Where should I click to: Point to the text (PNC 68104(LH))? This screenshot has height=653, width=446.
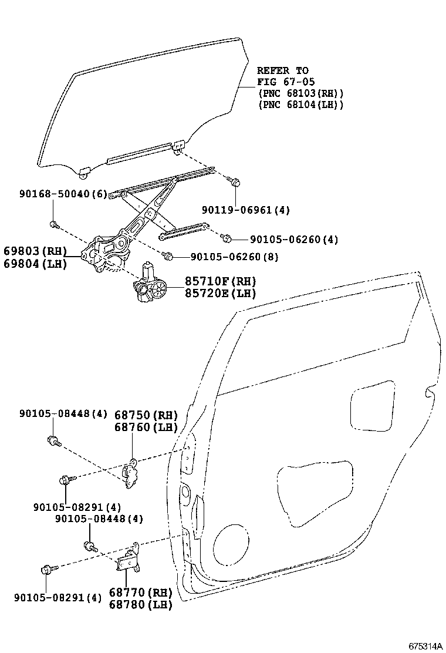pos(300,105)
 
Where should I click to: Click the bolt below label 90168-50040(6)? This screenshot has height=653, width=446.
pos(53,224)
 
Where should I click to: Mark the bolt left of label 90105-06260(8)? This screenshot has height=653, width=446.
pos(167,256)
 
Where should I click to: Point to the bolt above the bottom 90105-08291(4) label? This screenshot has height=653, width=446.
pos(48,569)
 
